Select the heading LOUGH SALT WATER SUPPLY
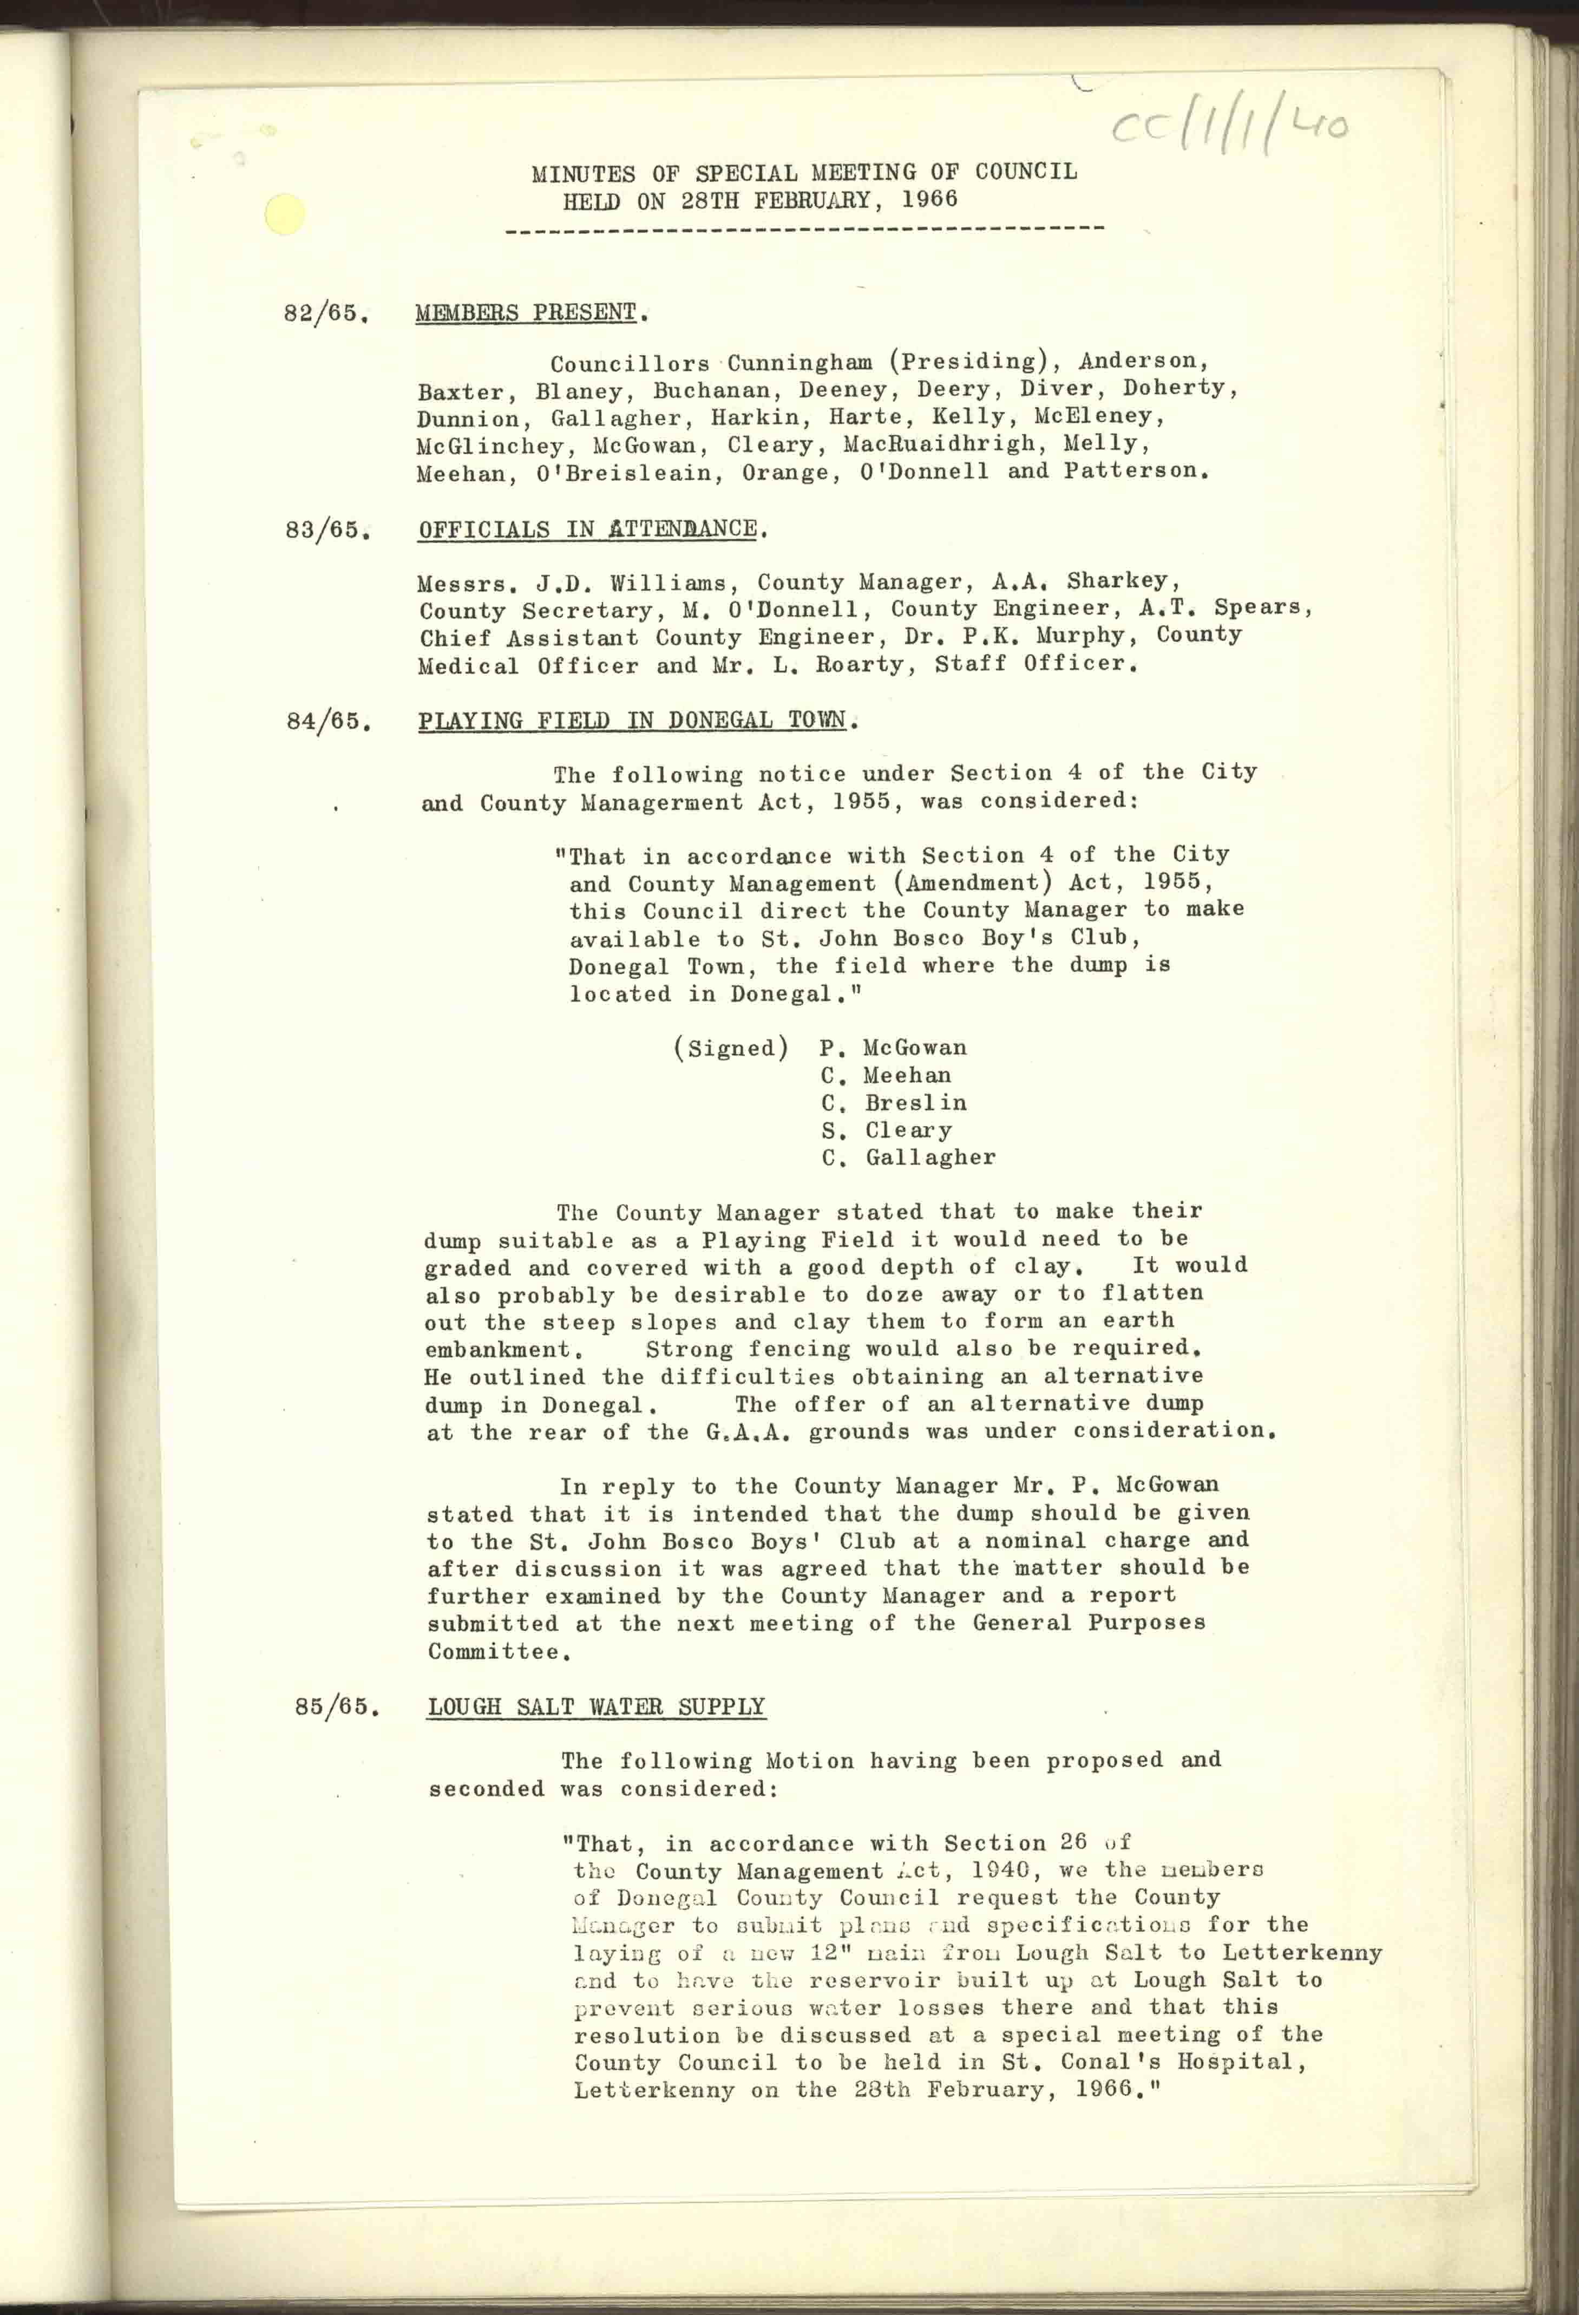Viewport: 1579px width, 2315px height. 596,1706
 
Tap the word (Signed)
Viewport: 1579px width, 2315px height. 731,1048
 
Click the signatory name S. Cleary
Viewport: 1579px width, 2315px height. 887,1130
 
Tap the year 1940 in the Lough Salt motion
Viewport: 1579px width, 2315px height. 999,1871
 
